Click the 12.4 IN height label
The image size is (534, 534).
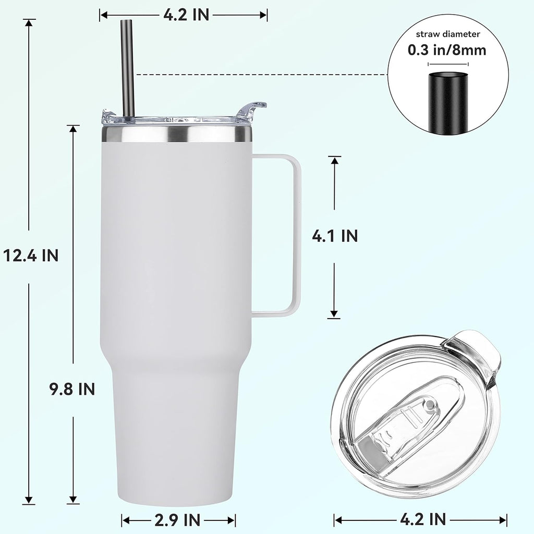(x=30, y=256)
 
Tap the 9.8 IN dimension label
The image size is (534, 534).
(x=72, y=389)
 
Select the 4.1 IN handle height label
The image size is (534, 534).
(x=335, y=236)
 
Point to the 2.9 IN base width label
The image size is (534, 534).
(x=177, y=519)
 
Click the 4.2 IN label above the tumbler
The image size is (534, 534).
(x=186, y=15)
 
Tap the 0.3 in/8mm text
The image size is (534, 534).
(x=447, y=50)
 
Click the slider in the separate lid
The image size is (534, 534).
(x=412, y=417)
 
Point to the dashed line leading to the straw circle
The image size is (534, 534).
(x=261, y=75)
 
